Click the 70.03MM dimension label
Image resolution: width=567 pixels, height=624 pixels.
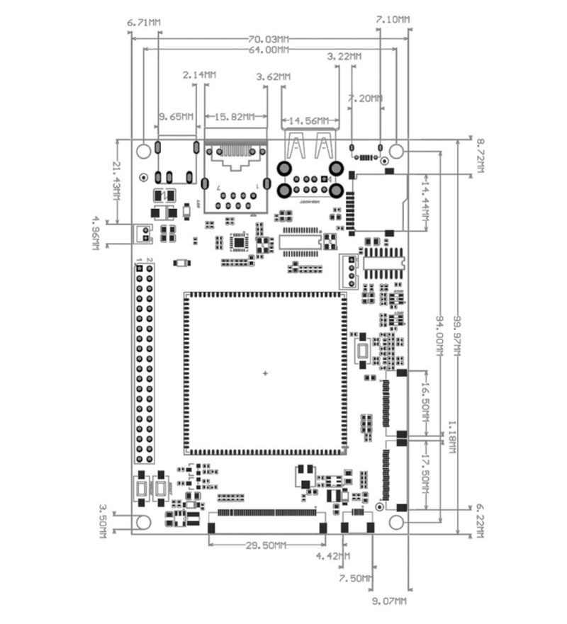point(269,38)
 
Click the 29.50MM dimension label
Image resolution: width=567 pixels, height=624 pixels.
point(266,545)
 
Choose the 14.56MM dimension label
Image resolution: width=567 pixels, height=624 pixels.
point(308,120)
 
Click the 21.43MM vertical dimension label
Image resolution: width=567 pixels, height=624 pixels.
point(117,180)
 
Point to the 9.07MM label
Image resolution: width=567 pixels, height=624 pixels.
point(389,601)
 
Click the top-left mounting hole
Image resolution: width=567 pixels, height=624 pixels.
point(144,151)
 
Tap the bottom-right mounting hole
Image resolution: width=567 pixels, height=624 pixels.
point(397,523)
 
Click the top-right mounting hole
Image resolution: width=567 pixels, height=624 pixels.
point(397,151)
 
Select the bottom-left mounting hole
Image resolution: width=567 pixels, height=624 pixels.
point(144,523)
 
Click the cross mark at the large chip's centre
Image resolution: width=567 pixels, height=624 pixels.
point(266,373)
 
